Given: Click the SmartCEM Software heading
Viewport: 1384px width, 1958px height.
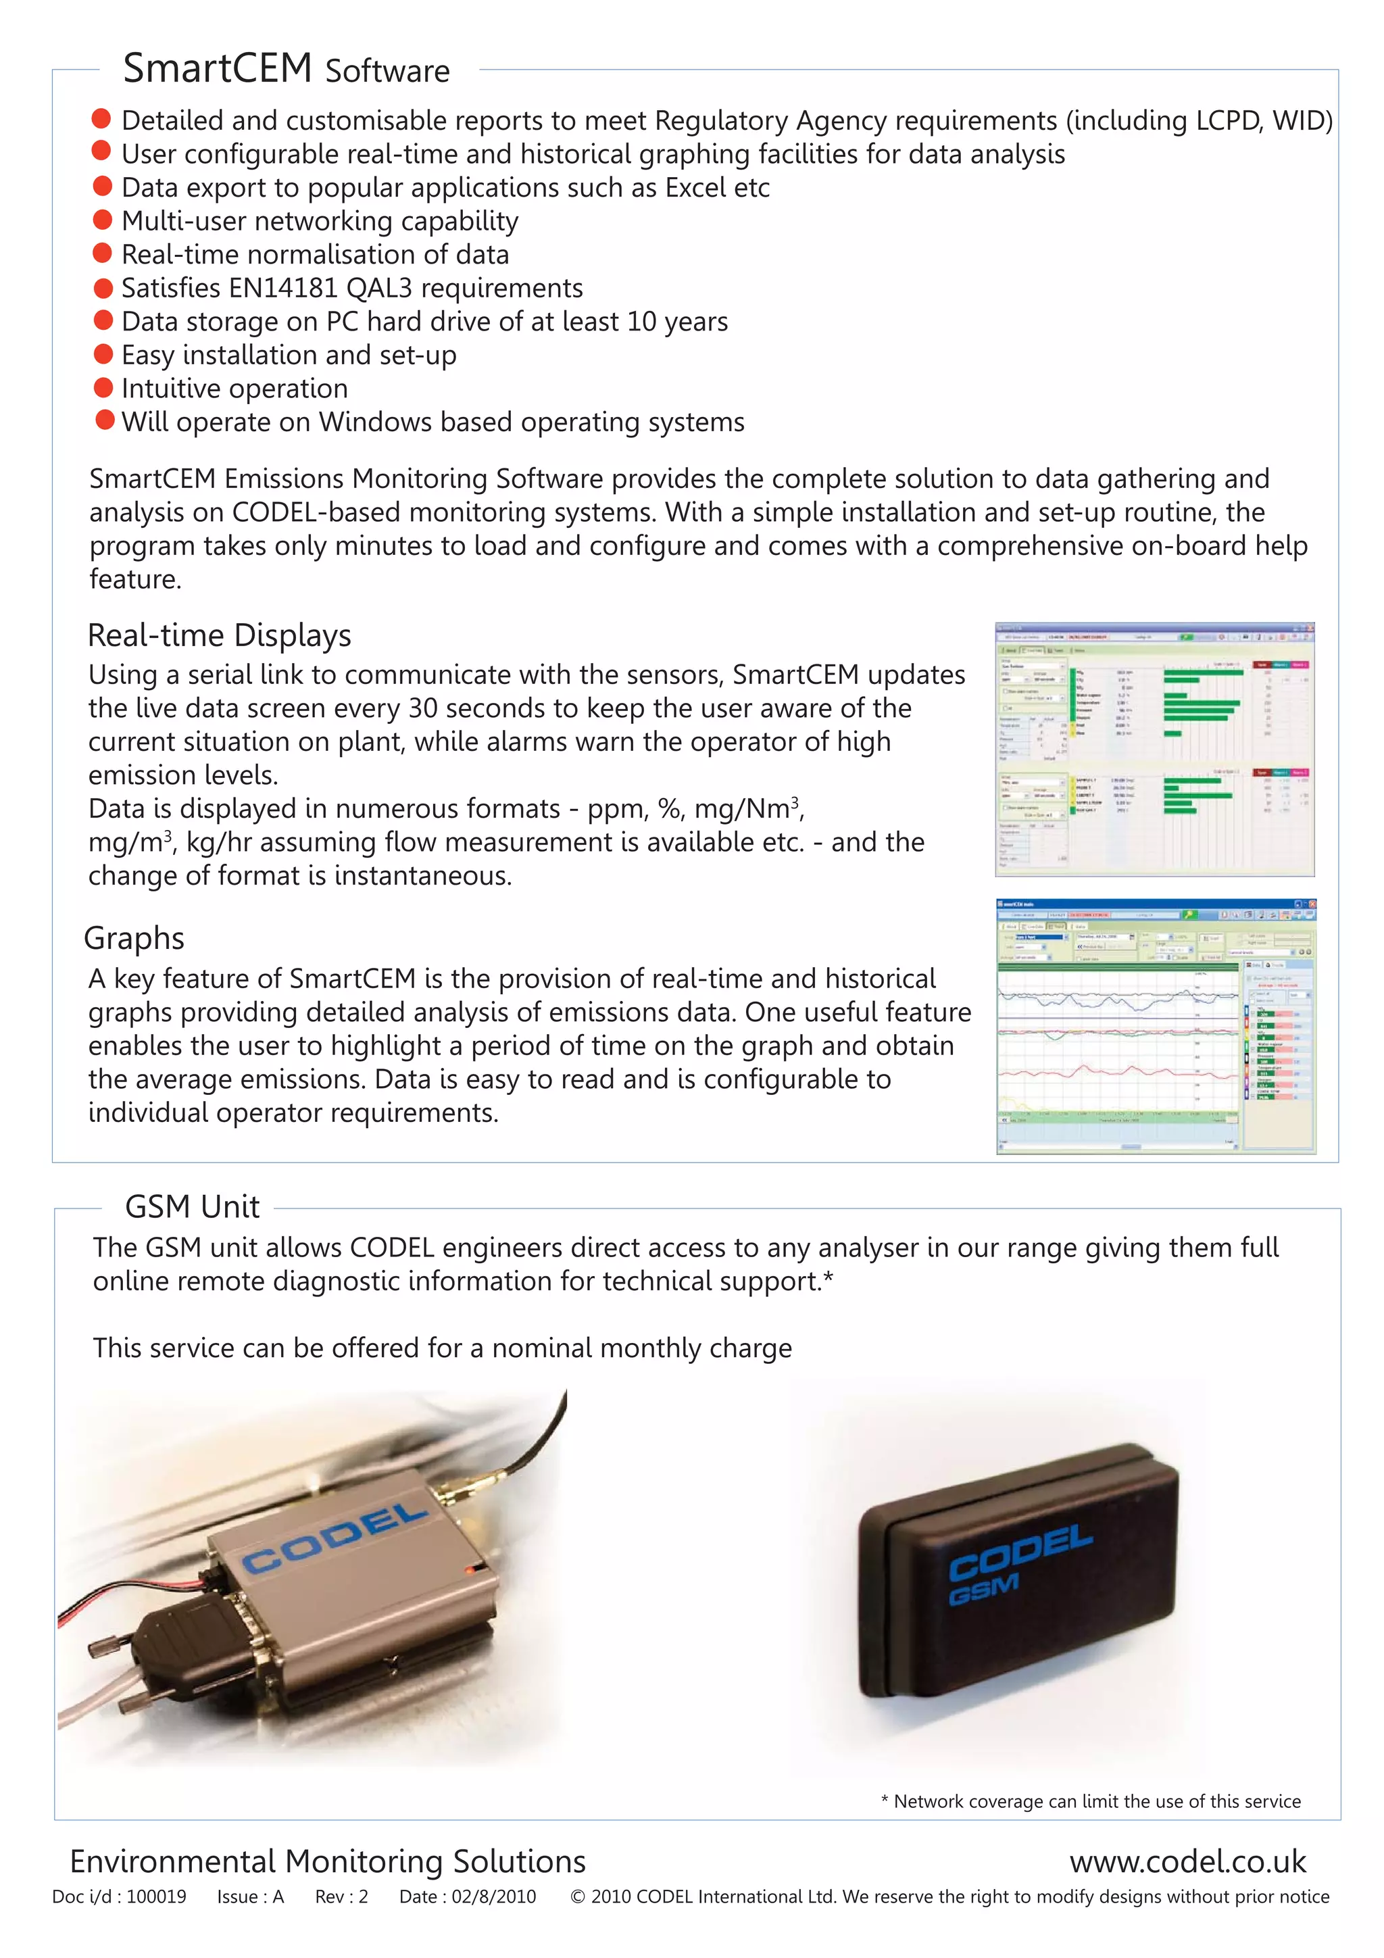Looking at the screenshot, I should [286, 69].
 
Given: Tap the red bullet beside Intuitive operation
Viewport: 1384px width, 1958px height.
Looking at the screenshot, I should [103, 388].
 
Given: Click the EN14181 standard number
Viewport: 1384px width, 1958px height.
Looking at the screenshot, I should [284, 288].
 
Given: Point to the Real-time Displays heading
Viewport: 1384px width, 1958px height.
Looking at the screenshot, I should [219, 635].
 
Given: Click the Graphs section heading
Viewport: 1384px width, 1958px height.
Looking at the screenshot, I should [134, 938].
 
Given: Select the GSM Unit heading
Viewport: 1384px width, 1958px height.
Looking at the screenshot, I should [192, 1206].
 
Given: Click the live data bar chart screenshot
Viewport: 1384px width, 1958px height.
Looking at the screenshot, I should [1155, 749].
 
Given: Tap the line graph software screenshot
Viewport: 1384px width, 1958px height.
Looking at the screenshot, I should [1156, 1026].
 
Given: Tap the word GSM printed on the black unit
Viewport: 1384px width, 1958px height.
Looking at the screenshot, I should [983, 1590].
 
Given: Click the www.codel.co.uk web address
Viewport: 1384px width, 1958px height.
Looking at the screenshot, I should [1187, 1861].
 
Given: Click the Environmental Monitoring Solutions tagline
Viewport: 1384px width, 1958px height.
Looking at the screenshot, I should [328, 1861].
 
